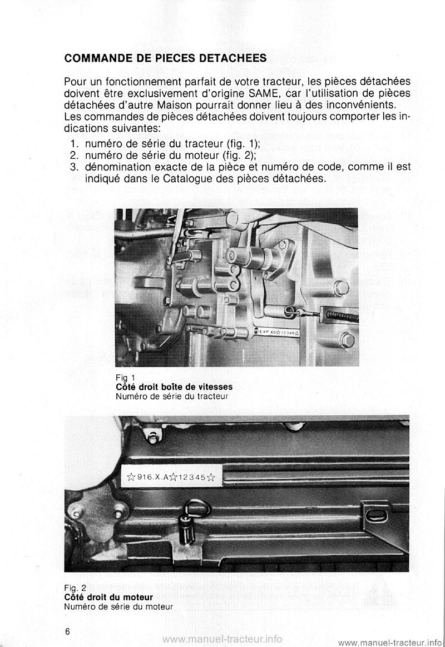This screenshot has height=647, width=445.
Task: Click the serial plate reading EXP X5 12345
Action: tap(279, 332)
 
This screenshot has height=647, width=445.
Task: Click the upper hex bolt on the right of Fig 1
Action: tap(341, 288)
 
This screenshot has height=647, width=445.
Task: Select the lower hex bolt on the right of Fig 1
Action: tap(347, 340)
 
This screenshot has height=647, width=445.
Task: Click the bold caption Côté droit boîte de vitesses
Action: tap(174, 387)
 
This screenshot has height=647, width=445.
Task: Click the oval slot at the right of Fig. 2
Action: tap(376, 515)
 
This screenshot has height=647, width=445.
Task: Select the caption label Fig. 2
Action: tap(75, 588)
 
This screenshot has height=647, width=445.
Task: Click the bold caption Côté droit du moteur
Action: tap(108, 597)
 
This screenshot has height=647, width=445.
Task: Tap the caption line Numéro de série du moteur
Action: tap(118, 606)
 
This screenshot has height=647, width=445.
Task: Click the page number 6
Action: tap(67, 632)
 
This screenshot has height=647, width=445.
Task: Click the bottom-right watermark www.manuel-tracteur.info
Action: tap(389, 642)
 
